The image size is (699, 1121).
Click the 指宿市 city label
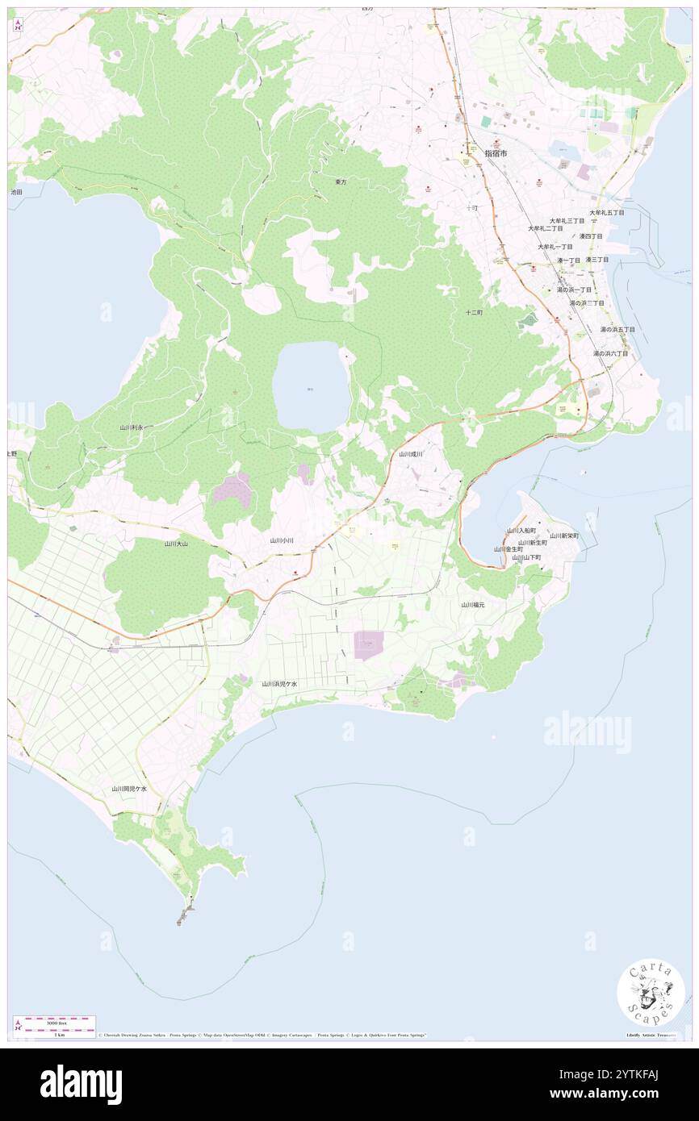[496, 152]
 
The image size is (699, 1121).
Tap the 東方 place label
[341, 182]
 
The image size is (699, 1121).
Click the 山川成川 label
[411, 454]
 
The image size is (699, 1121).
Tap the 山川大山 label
[176, 544]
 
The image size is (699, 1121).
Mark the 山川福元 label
[473, 604]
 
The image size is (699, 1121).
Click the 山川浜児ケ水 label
[279, 683]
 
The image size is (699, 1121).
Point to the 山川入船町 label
[521, 530]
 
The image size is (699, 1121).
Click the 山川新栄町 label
[564, 535]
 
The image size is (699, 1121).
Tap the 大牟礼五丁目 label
[606, 212]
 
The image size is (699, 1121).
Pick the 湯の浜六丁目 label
[610, 353]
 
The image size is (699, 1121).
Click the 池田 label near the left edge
[16, 192]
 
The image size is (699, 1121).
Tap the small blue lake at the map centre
[310, 387]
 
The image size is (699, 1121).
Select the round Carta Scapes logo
[651, 993]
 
